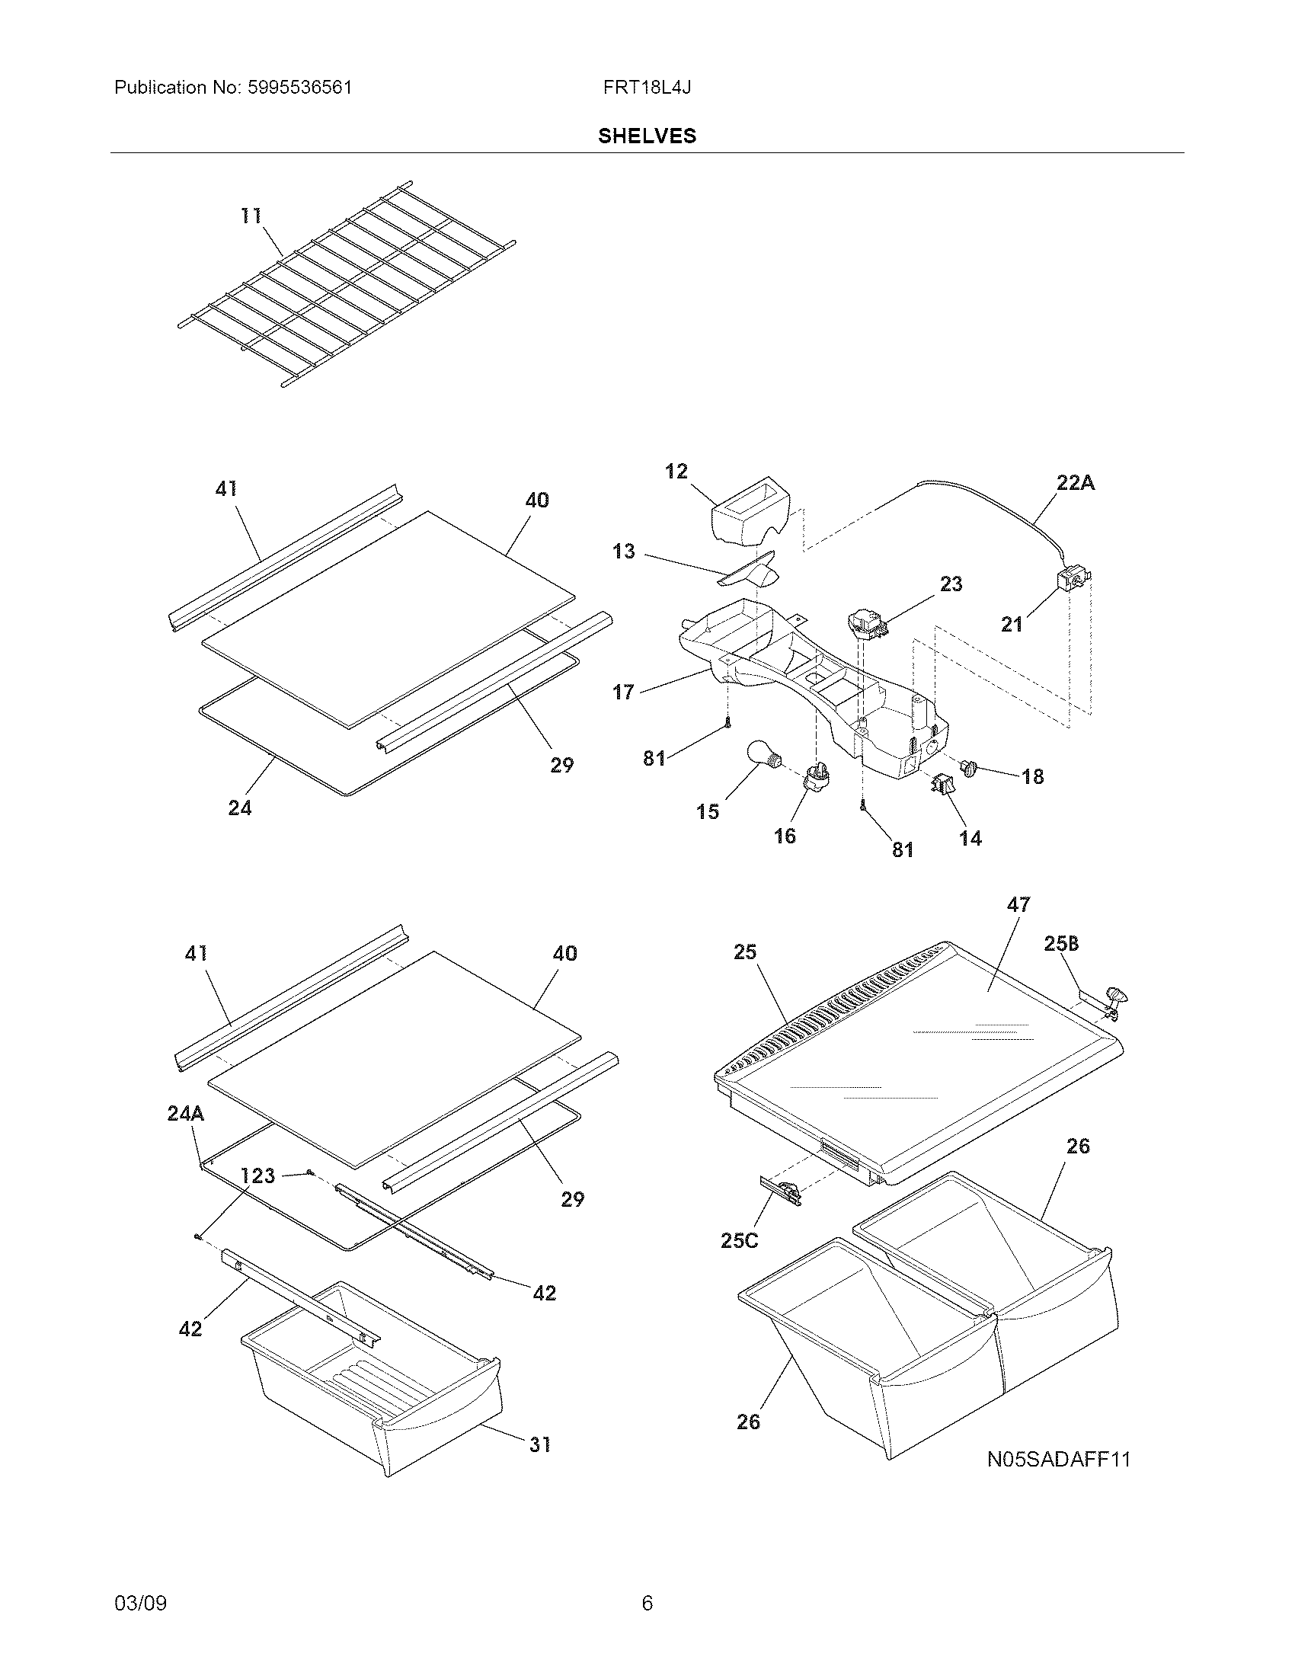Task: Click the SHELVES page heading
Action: (x=647, y=136)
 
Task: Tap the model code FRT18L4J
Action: (x=646, y=88)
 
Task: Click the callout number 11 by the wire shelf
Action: (x=251, y=216)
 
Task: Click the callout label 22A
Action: (x=1075, y=483)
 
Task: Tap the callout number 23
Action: (x=951, y=584)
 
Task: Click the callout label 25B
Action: (x=1061, y=944)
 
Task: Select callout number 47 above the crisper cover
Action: (x=1018, y=905)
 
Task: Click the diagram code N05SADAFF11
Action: (x=1058, y=1459)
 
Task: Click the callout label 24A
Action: (x=186, y=1114)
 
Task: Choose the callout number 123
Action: (x=257, y=1175)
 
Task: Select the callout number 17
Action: (x=623, y=692)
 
